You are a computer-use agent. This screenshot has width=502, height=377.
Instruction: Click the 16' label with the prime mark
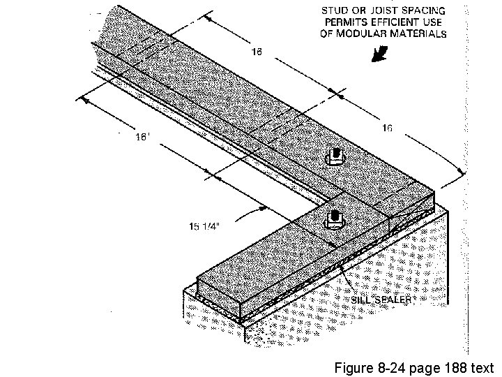coord(142,137)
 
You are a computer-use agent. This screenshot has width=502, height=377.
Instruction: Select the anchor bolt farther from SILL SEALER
coord(336,156)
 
